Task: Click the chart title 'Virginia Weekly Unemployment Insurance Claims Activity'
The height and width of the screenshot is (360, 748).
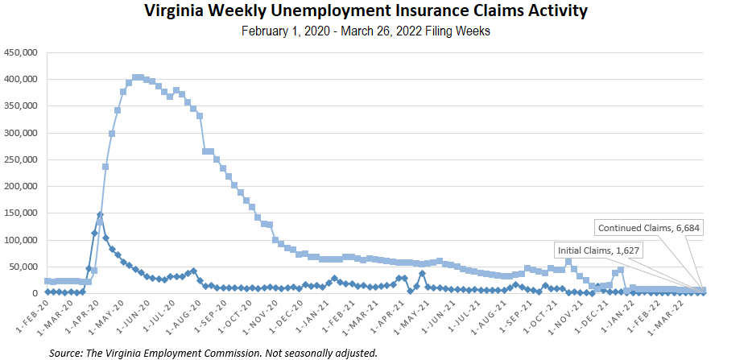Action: tap(366, 11)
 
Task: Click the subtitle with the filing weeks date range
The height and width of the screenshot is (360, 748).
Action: tap(366, 32)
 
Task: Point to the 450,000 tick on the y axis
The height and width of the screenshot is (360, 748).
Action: tap(23, 53)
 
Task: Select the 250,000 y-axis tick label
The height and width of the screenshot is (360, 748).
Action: tap(23, 159)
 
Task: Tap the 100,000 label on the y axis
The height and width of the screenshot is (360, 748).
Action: tap(23, 240)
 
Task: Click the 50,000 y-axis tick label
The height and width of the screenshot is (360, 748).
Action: tap(25, 267)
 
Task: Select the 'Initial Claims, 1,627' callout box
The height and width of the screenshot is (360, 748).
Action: tap(598, 250)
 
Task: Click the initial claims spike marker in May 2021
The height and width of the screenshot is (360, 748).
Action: tap(422, 273)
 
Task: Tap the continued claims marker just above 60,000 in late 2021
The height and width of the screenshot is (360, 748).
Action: tap(568, 261)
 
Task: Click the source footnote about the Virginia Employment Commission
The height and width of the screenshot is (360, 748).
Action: tap(213, 353)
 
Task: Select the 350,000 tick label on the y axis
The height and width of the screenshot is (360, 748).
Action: tap(23, 106)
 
